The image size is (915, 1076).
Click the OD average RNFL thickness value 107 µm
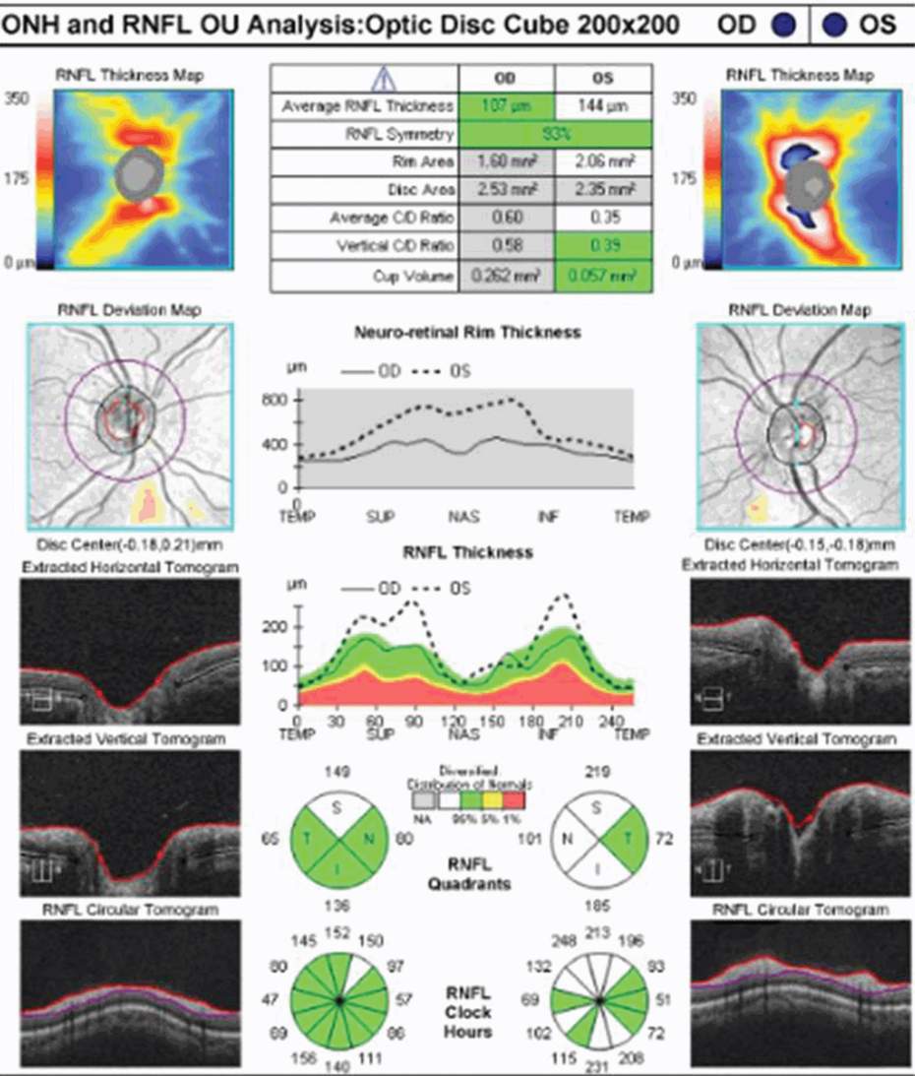507,105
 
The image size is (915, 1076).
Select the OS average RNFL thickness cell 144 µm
601,105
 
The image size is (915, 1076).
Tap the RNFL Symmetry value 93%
554,134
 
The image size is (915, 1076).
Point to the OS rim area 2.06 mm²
601,161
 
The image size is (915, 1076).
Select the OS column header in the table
601,78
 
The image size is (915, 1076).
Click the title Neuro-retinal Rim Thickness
466,332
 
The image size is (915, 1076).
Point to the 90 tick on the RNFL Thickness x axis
412,723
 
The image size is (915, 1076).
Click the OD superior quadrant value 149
337,772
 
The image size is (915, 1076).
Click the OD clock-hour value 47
273,998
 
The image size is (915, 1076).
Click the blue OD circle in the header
783,25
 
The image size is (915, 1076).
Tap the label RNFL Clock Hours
468,1012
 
